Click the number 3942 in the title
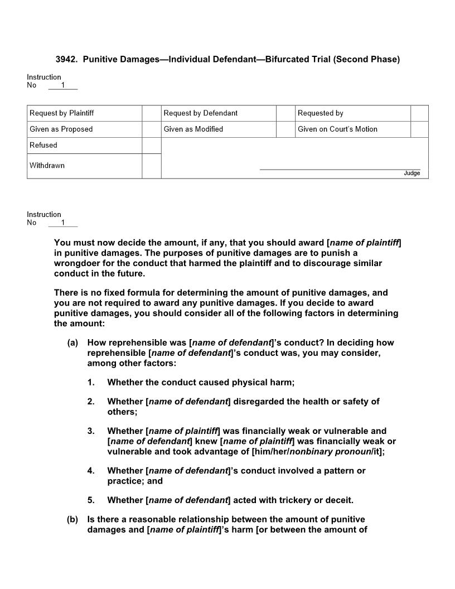tap(66, 59)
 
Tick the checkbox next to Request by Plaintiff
tap(151, 113)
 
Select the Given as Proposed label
tap(61, 129)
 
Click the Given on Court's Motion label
tap(337, 129)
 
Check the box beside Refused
tap(151, 146)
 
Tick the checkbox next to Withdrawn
tap(151, 166)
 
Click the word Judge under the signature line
tap(412, 173)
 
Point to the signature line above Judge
tap(340, 169)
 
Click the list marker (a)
tap(72, 343)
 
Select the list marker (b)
tap(72, 519)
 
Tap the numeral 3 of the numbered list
tap(90, 431)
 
